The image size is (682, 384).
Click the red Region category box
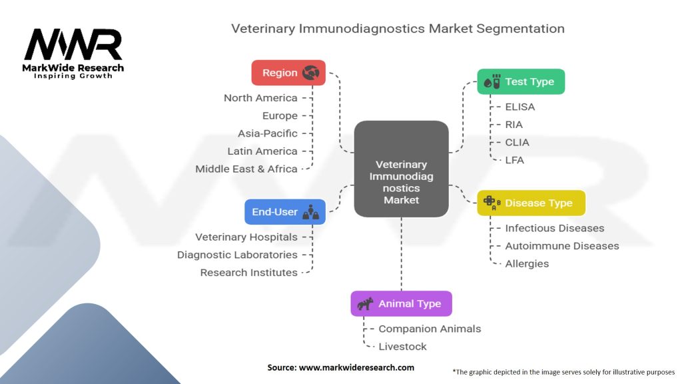click(288, 73)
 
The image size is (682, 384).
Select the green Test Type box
click(520, 81)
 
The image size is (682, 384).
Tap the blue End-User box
click(284, 212)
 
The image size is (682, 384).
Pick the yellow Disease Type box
click(531, 203)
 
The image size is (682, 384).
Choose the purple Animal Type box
click(401, 303)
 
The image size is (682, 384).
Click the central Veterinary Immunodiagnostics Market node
click(401, 169)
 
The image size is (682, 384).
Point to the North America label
click(260, 98)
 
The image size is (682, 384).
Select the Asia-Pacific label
click(268, 133)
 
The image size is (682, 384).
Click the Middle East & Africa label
click(246, 169)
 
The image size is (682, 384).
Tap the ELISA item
click(519, 107)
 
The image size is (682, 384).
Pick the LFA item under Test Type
click(515, 160)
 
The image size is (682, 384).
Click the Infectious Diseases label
click(554, 228)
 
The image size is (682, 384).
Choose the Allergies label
click(527, 263)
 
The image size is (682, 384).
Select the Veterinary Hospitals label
click(246, 237)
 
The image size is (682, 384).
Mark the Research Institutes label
click(249, 272)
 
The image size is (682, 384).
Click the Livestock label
click(402, 346)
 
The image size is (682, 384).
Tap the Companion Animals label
click(430, 329)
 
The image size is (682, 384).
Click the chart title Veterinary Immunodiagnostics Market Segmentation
click(398, 29)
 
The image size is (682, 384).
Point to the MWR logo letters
click(73, 45)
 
